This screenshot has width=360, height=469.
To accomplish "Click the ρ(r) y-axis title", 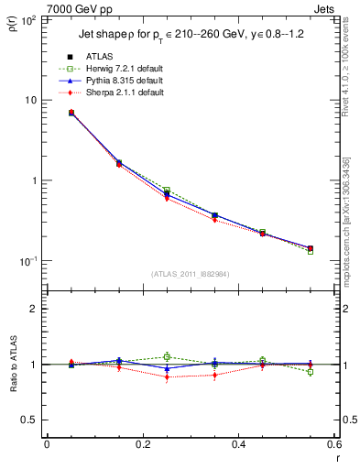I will coord(14,22).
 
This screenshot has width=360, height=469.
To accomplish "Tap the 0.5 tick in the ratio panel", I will coord(30,420).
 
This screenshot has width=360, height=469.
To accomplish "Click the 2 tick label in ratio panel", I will coord(35,309).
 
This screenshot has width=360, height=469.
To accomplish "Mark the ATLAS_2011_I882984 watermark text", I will coord(191,274).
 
